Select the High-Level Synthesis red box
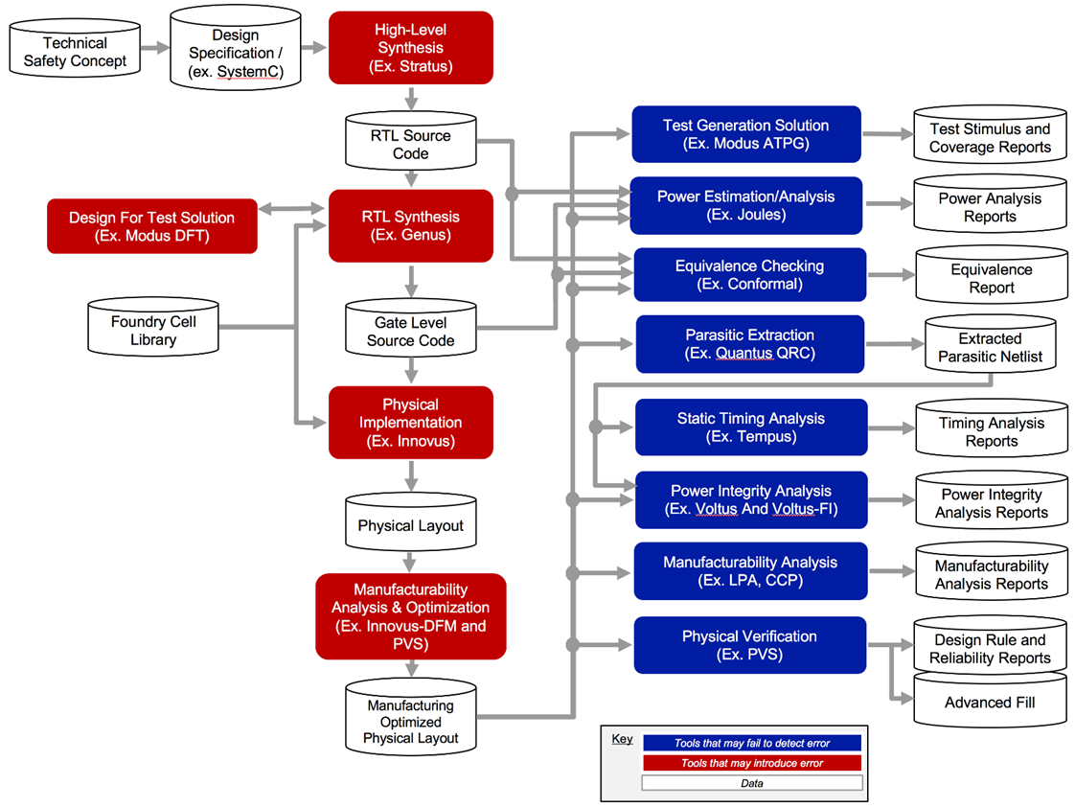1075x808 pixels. pos(410,48)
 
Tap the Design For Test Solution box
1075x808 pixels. pos(151,226)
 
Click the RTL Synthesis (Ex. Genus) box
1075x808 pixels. pos(410,226)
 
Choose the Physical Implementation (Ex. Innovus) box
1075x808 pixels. pos(410,423)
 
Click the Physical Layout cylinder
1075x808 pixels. pos(410,526)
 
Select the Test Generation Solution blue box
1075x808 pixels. pos(745,134)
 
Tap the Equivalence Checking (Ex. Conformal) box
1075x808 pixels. pos(749,275)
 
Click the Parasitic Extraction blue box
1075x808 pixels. pos(749,344)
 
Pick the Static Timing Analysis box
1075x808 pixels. pos(750,427)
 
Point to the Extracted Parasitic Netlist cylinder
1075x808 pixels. pos(990,348)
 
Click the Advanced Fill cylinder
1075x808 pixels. pos(990,703)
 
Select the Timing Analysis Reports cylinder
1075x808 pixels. pos(991,432)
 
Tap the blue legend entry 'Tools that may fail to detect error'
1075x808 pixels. pos(751,743)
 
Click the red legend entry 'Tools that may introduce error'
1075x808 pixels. pos(751,763)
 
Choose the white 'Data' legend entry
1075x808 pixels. pos(751,783)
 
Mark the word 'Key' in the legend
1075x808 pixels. pos(622,739)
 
